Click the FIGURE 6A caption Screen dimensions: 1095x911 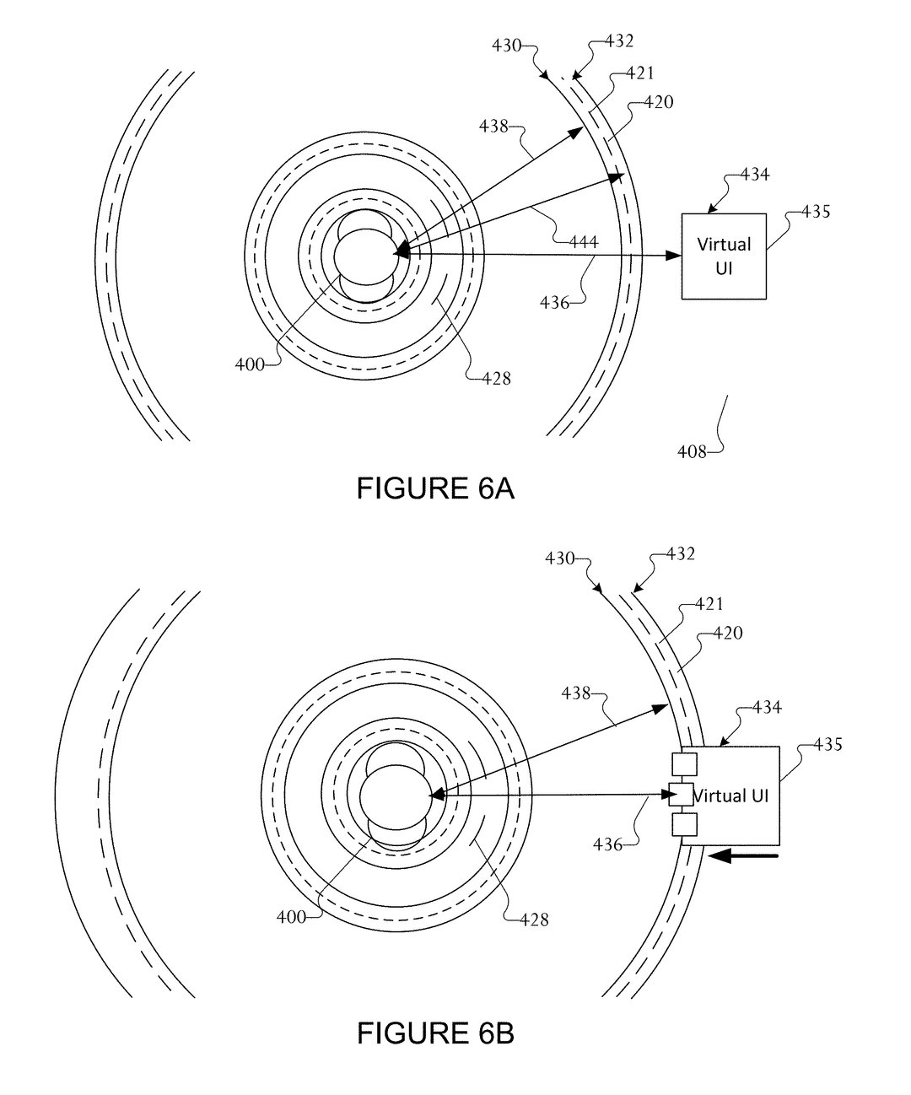point(434,488)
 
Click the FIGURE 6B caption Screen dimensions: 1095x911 point(434,1033)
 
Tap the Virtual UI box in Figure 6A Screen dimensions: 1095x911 point(724,256)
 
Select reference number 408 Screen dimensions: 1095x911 point(692,451)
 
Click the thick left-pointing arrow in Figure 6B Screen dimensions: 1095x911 point(742,856)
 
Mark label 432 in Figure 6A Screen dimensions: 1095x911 point(618,40)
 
